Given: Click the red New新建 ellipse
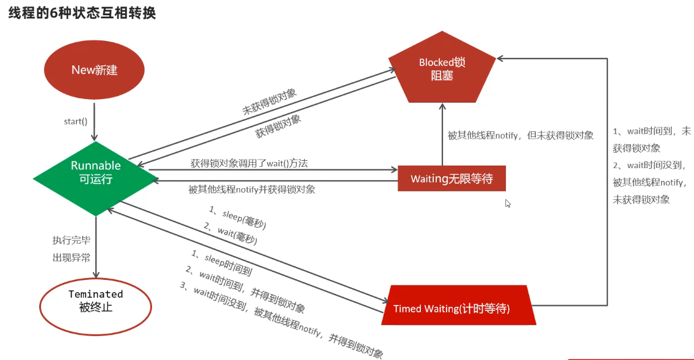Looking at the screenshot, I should (x=94, y=70).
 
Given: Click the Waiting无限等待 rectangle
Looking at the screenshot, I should (x=451, y=178).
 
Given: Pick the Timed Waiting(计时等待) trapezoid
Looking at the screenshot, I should (x=458, y=307).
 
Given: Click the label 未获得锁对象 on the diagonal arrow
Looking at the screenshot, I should (x=269, y=102).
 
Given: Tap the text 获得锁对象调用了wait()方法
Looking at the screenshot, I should (x=249, y=163).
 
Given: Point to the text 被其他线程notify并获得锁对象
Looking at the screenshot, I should (x=252, y=189).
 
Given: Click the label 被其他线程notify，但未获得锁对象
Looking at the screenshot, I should (x=520, y=136).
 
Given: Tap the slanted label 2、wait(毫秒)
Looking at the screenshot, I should (x=230, y=233).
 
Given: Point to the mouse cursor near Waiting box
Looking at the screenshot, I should (x=508, y=204).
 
